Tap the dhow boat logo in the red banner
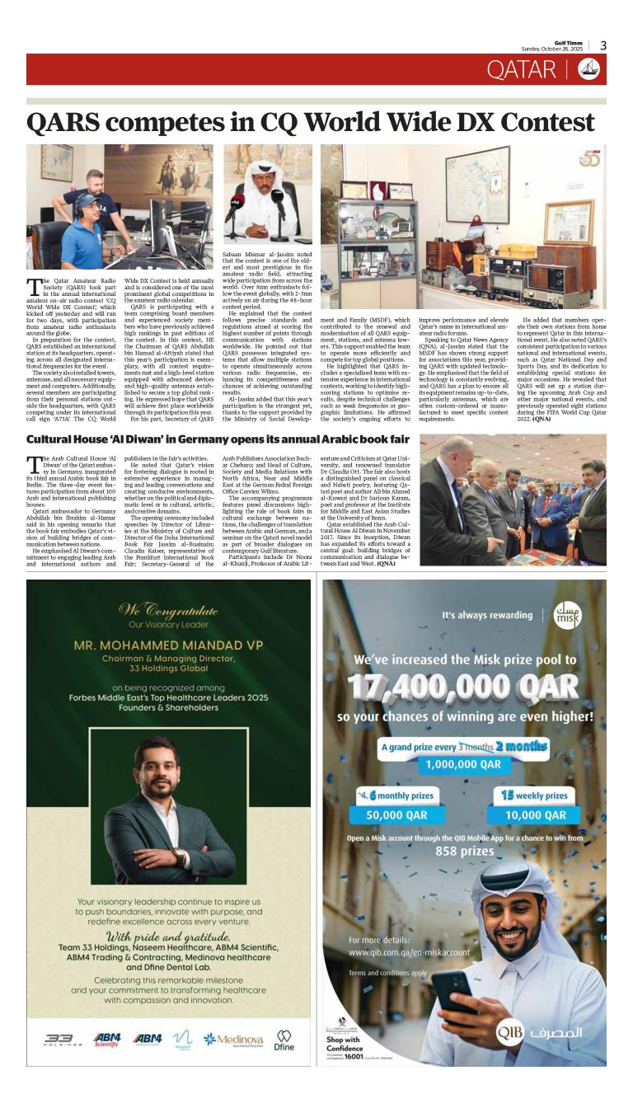point(588,70)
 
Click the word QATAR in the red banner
point(521,70)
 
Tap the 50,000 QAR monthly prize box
point(396,815)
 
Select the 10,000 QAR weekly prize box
point(534,815)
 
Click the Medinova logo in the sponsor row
point(233,1040)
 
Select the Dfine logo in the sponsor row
point(284,1040)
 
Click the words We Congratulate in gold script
point(168,611)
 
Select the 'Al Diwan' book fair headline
point(218,439)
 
